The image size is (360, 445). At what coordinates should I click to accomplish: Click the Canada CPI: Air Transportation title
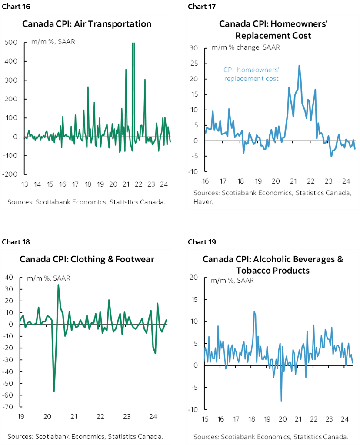pos(87,23)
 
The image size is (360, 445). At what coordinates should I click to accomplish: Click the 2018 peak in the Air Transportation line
pos(88,87)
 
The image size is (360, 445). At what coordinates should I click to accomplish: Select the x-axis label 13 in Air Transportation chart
pos(25,184)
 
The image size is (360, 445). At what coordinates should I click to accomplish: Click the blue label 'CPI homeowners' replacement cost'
pos(251,74)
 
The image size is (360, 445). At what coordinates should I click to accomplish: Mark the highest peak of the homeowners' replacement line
pos(299,66)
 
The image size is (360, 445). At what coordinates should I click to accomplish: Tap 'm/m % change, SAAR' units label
pos(246,47)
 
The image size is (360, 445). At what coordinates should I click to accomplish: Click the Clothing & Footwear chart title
pos(87,259)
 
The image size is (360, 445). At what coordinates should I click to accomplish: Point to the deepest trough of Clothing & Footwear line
pos(54,391)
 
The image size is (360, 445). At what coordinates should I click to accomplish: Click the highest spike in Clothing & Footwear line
pos(58,285)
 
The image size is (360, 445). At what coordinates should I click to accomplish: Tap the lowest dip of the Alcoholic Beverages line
pos(281,401)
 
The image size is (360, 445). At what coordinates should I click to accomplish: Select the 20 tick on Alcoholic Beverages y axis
pos(194,278)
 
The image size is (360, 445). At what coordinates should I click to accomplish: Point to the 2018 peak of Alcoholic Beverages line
pos(254,311)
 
